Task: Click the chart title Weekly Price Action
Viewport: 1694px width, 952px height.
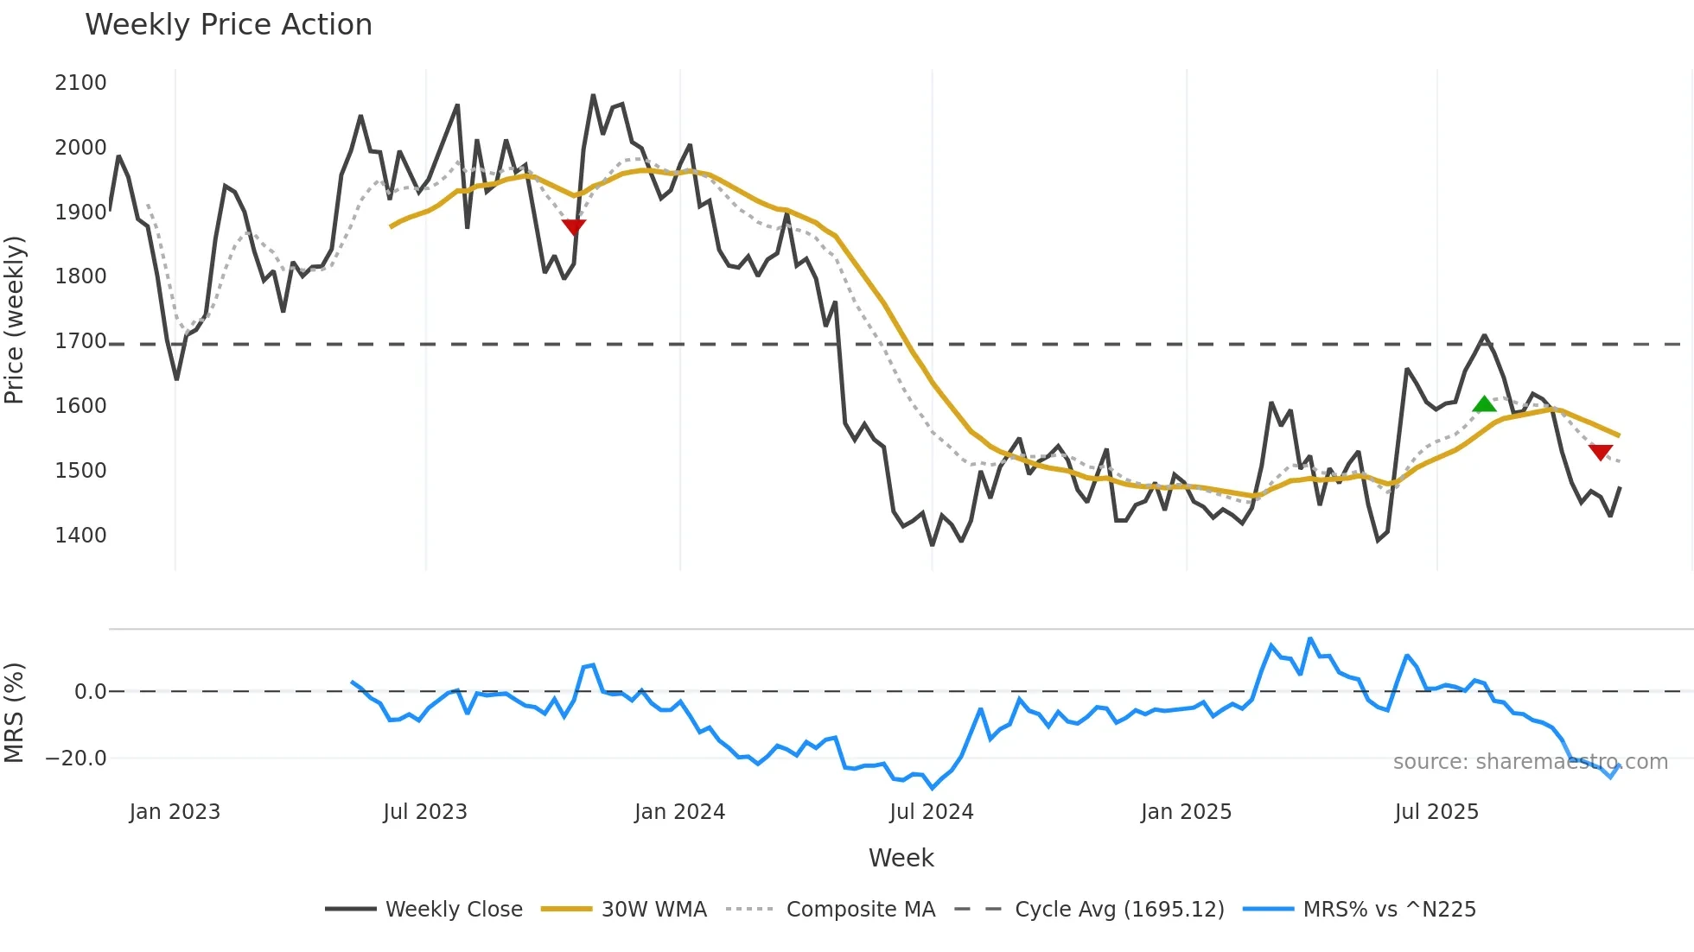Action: pos(228,25)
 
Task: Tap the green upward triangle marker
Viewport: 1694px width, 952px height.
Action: pos(1484,404)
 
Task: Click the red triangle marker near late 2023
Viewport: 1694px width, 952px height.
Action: pos(574,226)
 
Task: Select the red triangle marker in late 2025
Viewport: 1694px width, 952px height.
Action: pos(1601,452)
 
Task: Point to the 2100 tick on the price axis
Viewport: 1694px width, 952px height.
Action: pos(80,83)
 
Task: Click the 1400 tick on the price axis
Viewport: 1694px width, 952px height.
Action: pos(80,536)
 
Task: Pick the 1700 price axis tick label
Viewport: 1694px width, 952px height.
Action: pos(80,341)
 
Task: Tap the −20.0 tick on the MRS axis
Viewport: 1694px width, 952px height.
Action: pos(76,758)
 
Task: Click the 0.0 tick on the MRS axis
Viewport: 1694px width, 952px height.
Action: pos(90,692)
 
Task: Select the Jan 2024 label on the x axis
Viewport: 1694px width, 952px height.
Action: pos(679,812)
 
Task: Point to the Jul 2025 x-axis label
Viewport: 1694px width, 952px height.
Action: pos(1436,812)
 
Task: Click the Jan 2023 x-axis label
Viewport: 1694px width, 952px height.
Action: pos(175,812)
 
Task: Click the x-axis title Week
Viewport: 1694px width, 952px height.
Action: pos(901,858)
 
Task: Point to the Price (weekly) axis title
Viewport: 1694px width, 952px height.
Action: pos(14,320)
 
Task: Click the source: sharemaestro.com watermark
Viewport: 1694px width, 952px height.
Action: pos(1530,762)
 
